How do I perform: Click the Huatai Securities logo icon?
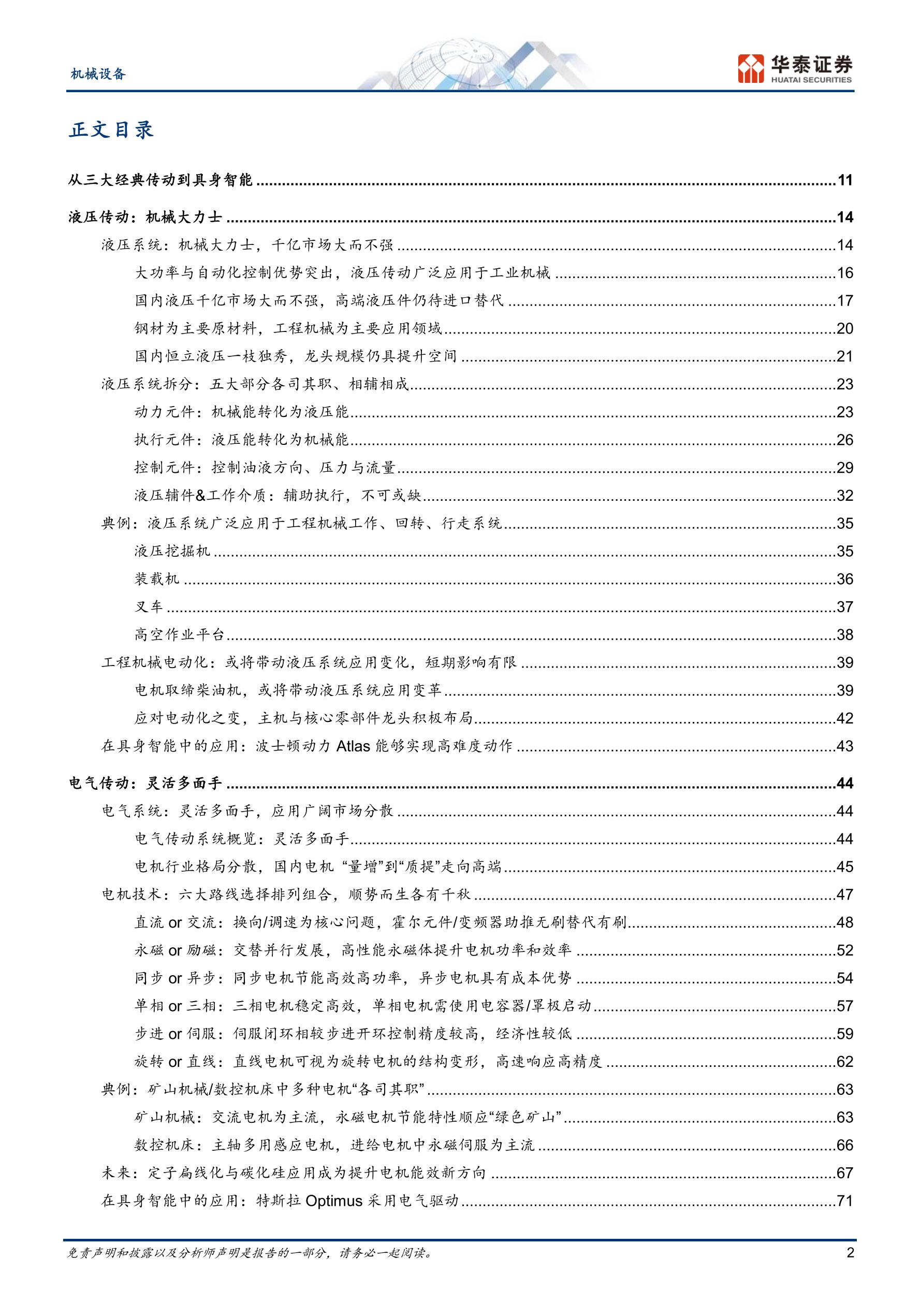[x=751, y=68]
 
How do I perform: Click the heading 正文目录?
[x=111, y=131]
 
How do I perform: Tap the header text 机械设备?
[x=98, y=74]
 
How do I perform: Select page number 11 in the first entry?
[x=844, y=180]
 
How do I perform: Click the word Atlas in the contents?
[x=353, y=746]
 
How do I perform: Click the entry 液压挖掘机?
[x=172, y=551]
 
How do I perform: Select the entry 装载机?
[x=157, y=579]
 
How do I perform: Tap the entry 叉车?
[x=149, y=607]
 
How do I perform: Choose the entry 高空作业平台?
[x=180, y=634]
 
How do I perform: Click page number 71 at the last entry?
[x=844, y=1200]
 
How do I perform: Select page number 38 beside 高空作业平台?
[x=844, y=634]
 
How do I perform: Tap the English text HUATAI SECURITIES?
[x=811, y=80]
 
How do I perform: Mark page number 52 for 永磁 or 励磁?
[x=844, y=950]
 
